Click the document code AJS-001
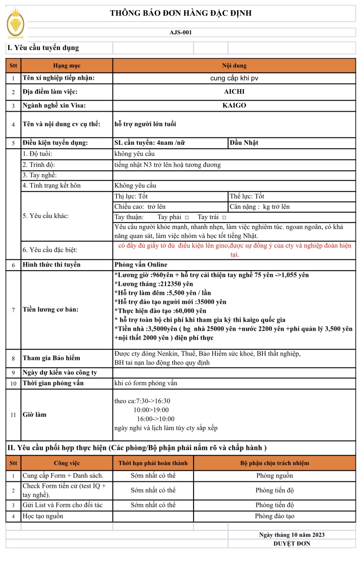(180, 32)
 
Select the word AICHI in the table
(234, 92)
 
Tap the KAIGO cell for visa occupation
(234, 105)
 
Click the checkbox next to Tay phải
(187, 217)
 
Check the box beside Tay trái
(224, 217)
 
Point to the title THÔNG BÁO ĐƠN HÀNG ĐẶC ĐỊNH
(180, 13)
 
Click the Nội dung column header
(234, 65)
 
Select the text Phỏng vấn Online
(141, 265)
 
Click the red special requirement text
(234, 250)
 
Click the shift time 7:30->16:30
(153, 401)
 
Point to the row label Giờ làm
(35, 414)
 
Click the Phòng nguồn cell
(274, 476)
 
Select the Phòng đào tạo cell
(274, 516)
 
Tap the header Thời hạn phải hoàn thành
(153, 463)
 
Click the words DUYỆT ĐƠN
(292, 544)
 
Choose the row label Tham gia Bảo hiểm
(51, 358)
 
